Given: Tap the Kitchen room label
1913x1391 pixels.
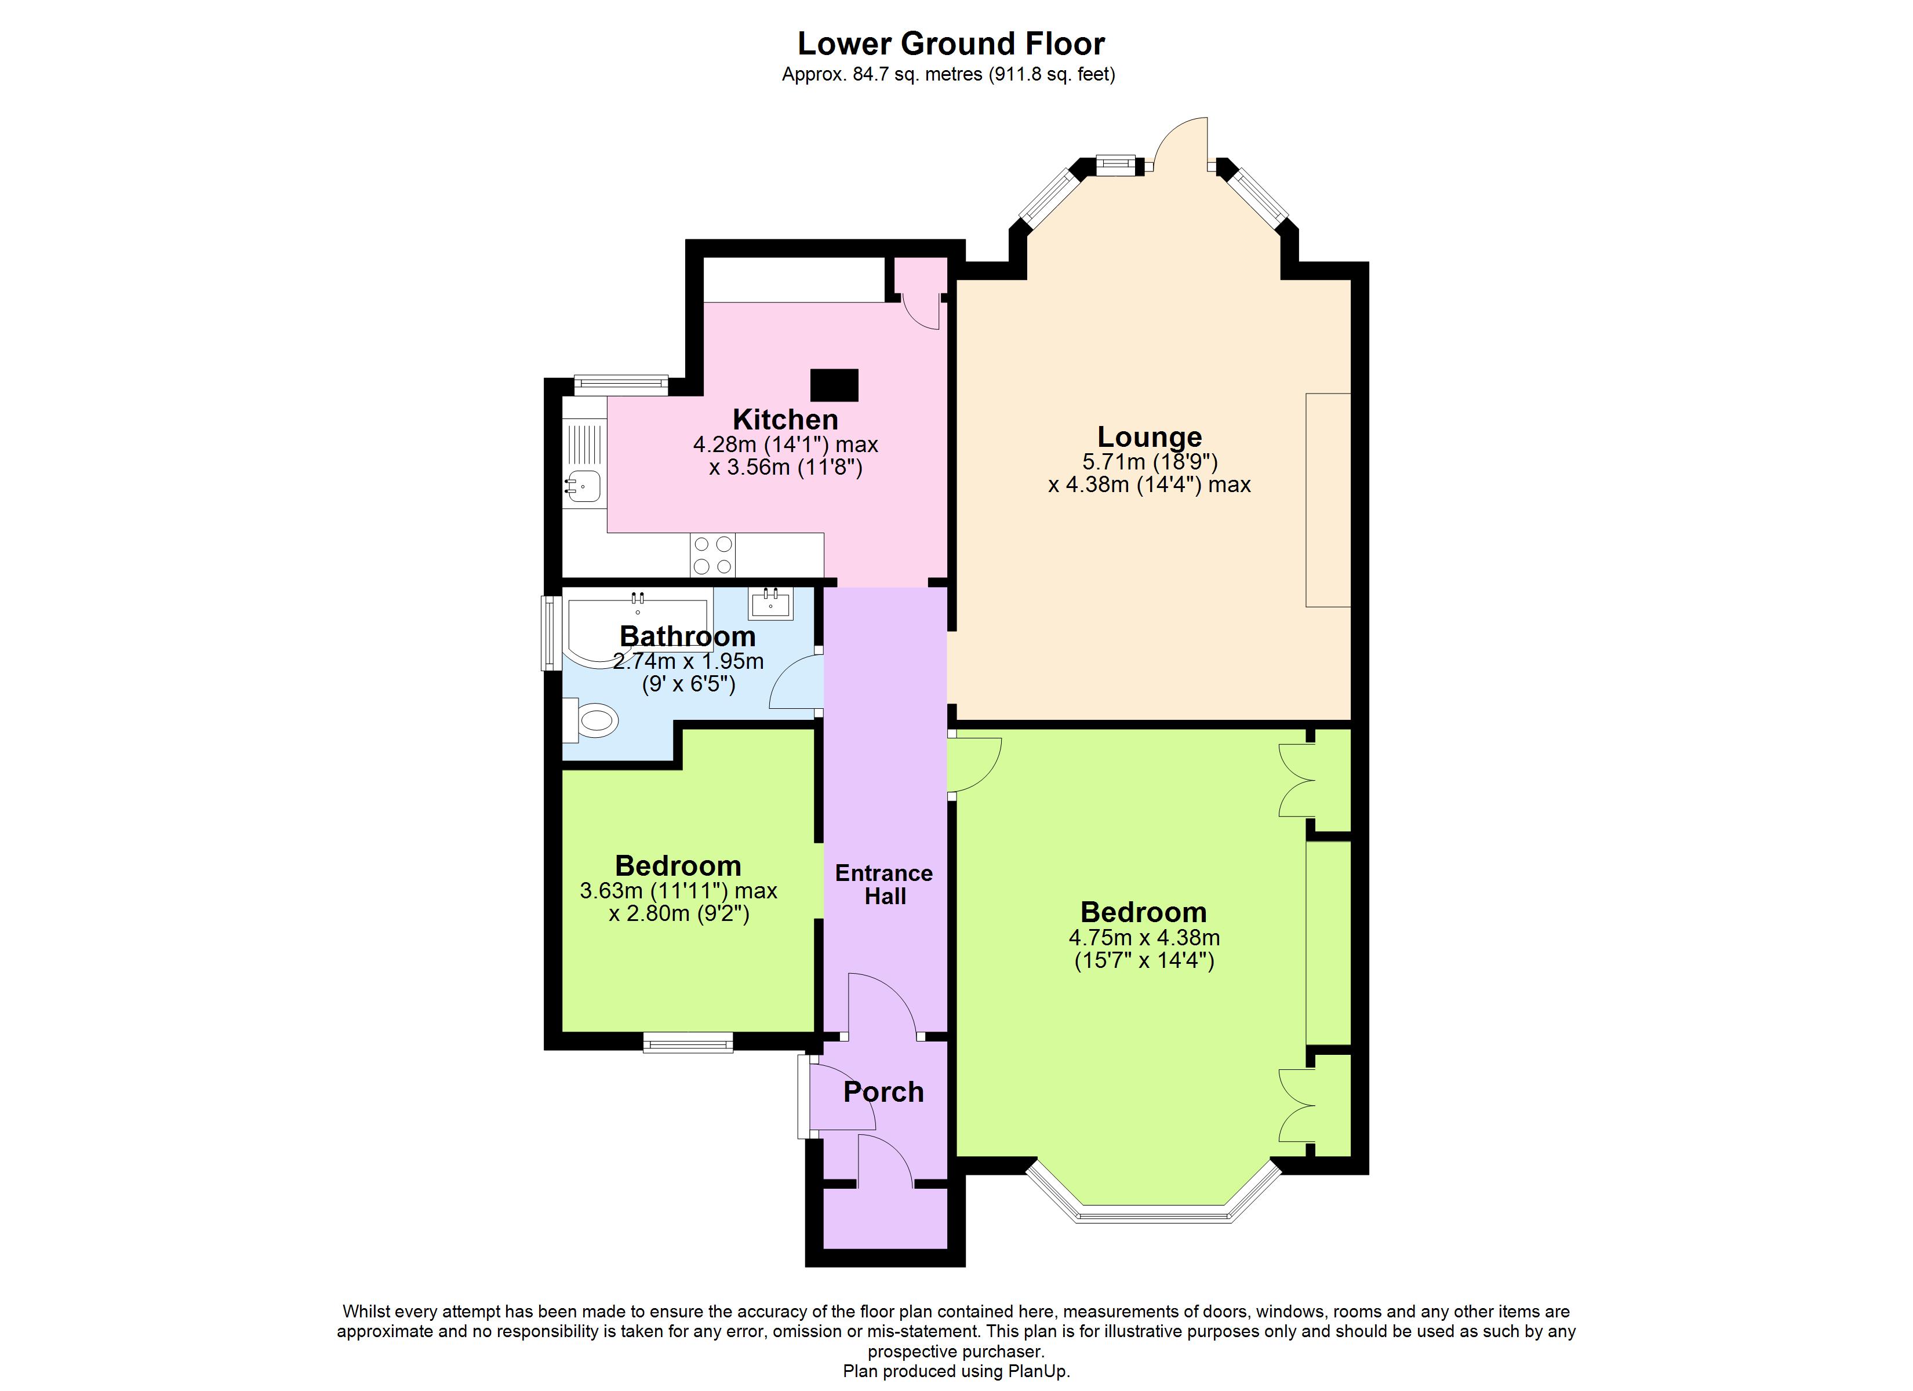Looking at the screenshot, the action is click(785, 419).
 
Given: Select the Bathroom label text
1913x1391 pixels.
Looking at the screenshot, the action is click(688, 636).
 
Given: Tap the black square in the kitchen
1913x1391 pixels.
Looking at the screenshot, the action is click(834, 385).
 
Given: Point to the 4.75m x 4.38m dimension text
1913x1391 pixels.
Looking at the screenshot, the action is click(1144, 937).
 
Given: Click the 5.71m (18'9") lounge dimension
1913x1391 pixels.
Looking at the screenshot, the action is click(1150, 461).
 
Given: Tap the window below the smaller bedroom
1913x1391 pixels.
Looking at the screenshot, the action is click(688, 1043).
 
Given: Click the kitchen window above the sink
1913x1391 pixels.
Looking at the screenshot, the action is click(621, 385).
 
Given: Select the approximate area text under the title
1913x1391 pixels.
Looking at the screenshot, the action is click(948, 74).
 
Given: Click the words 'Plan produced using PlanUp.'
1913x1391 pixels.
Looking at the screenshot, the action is click(956, 1372).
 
